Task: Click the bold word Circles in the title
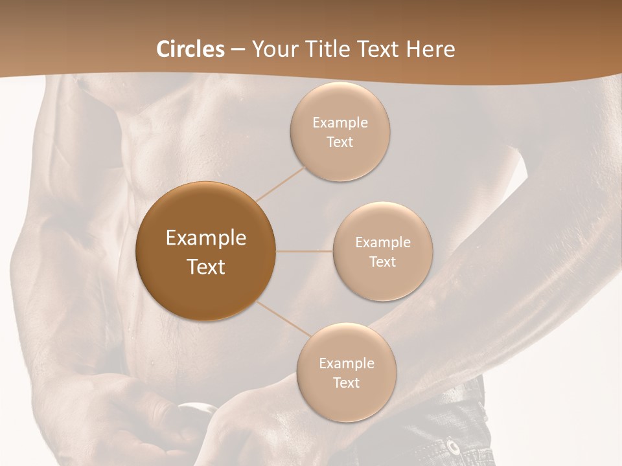pyautogui.click(x=190, y=49)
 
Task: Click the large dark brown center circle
pyautogui.click(x=206, y=251)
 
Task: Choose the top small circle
pyautogui.click(x=340, y=131)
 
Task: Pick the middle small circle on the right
pyautogui.click(x=383, y=251)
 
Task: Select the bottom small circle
pyautogui.click(x=346, y=372)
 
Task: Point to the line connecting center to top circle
pyautogui.click(x=281, y=183)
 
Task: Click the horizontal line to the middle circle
pyautogui.click(x=305, y=251)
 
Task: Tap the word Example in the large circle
pyautogui.click(x=206, y=238)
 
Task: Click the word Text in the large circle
pyautogui.click(x=206, y=267)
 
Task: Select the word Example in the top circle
pyautogui.click(x=340, y=122)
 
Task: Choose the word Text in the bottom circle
pyautogui.click(x=346, y=383)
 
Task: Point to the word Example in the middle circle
pyautogui.click(x=383, y=242)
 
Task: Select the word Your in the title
pyautogui.click(x=272, y=49)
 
